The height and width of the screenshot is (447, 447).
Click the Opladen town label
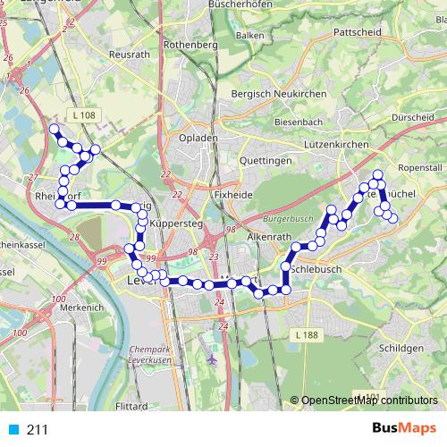click(199, 139)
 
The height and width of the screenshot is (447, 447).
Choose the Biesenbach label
click(299, 121)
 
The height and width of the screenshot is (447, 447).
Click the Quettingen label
click(266, 160)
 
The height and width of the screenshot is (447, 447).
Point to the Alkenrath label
click(270, 236)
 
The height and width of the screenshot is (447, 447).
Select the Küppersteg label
click(173, 223)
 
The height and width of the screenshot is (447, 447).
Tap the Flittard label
click(131, 405)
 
